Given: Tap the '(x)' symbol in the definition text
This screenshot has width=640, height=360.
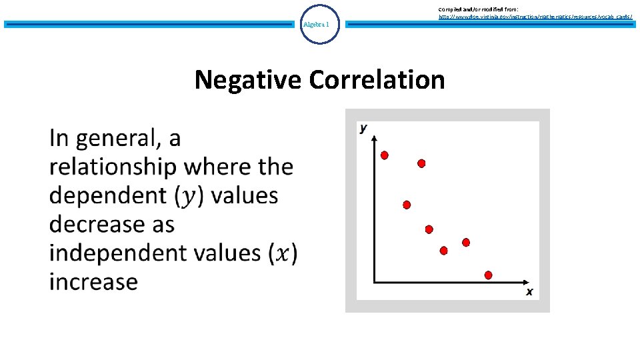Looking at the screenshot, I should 283,253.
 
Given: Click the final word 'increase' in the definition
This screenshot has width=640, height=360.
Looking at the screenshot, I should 93,281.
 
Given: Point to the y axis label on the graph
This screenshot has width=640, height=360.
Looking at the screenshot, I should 364,127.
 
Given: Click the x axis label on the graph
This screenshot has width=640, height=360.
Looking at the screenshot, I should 529,291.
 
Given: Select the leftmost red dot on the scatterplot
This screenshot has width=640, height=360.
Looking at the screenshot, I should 385,155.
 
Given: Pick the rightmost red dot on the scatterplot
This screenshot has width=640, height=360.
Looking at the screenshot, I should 489,275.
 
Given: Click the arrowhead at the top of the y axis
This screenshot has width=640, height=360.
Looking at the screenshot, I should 375,138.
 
